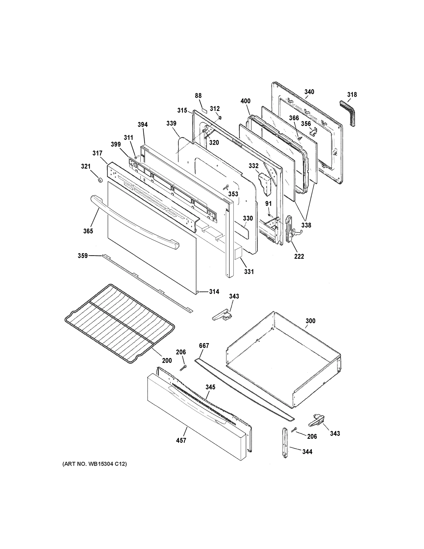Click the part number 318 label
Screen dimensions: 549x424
point(352,94)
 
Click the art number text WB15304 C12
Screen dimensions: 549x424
point(94,464)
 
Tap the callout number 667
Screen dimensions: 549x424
point(204,346)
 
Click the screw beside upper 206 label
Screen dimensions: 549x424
point(183,368)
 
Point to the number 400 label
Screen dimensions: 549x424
point(245,101)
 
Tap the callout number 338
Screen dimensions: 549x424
point(306,225)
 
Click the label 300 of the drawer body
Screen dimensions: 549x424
point(310,321)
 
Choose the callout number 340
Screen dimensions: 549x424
point(309,92)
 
